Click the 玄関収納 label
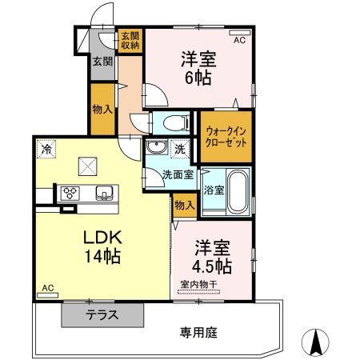click(x=130, y=41)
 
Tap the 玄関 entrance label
click(x=101, y=62)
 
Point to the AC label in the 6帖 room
click(x=239, y=38)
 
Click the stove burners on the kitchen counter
click(x=70, y=192)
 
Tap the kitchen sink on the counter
click(x=104, y=192)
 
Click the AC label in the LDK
click(x=47, y=288)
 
